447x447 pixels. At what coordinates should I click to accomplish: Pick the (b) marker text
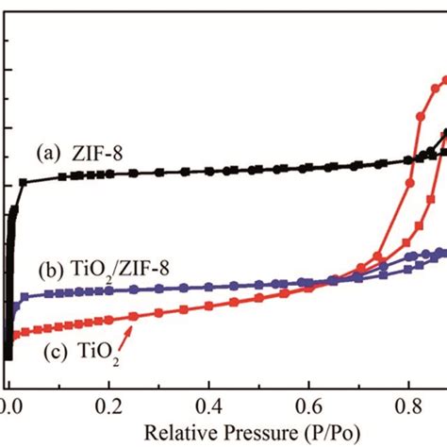(47, 270)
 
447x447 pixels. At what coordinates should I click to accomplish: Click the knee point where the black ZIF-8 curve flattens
(23, 181)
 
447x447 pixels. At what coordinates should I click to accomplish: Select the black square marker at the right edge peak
(443, 133)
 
